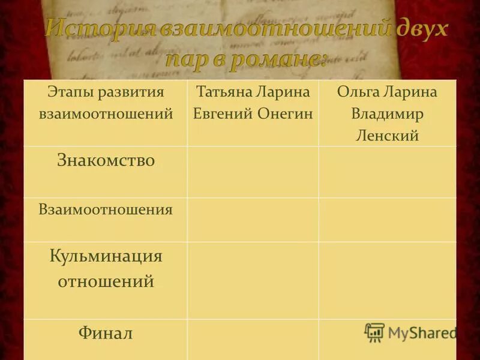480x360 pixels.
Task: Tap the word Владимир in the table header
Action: coord(387,113)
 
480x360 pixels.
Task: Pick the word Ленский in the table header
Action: coord(387,136)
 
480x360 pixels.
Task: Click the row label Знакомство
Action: coord(106,160)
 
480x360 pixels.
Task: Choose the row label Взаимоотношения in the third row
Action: coord(106,209)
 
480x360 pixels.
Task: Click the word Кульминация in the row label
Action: coord(106,256)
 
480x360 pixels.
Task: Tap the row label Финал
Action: coord(106,332)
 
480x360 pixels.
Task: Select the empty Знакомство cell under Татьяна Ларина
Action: coord(253,172)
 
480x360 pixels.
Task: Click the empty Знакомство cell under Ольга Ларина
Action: coord(387,172)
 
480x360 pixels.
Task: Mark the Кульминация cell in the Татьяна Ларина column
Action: coord(253,280)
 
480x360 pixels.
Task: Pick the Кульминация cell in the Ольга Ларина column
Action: coord(387,280)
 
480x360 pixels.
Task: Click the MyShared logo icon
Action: coord(374,332)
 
